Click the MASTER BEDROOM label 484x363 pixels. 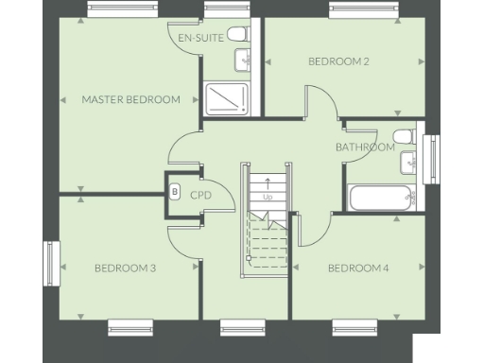tap(130, 99)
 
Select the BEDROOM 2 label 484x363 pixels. tap(338, 61)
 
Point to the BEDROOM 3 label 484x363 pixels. tap(125, 268)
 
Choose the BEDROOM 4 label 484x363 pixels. tap(358, 268)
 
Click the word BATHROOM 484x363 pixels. tap(365, 147)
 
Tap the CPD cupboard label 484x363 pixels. tap(199, 196)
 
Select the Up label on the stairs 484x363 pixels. tap(268, 198)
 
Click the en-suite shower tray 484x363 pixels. tap(226, 98)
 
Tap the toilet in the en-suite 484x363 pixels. tap(237, 35)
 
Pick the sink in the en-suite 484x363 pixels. tap(245, 61)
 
